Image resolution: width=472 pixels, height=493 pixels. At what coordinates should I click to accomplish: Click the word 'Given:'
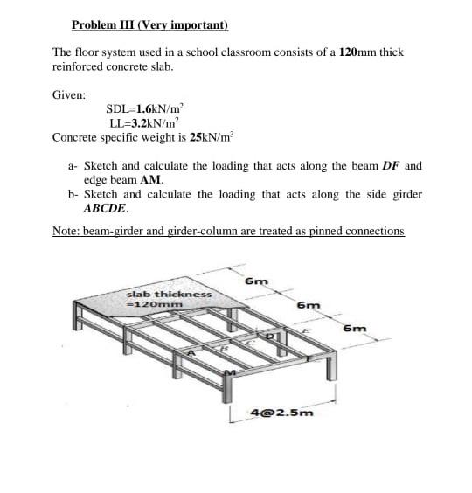(x=69, y=94)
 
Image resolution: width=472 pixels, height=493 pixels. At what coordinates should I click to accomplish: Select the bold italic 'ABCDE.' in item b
(x=106, y=208)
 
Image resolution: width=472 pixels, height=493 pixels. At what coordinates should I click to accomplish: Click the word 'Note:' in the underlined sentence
(x=66, y=231)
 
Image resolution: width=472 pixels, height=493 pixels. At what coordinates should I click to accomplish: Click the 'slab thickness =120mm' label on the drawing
(x=169, y=299)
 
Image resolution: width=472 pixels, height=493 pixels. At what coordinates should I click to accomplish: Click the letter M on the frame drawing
(x=231, y=374)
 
